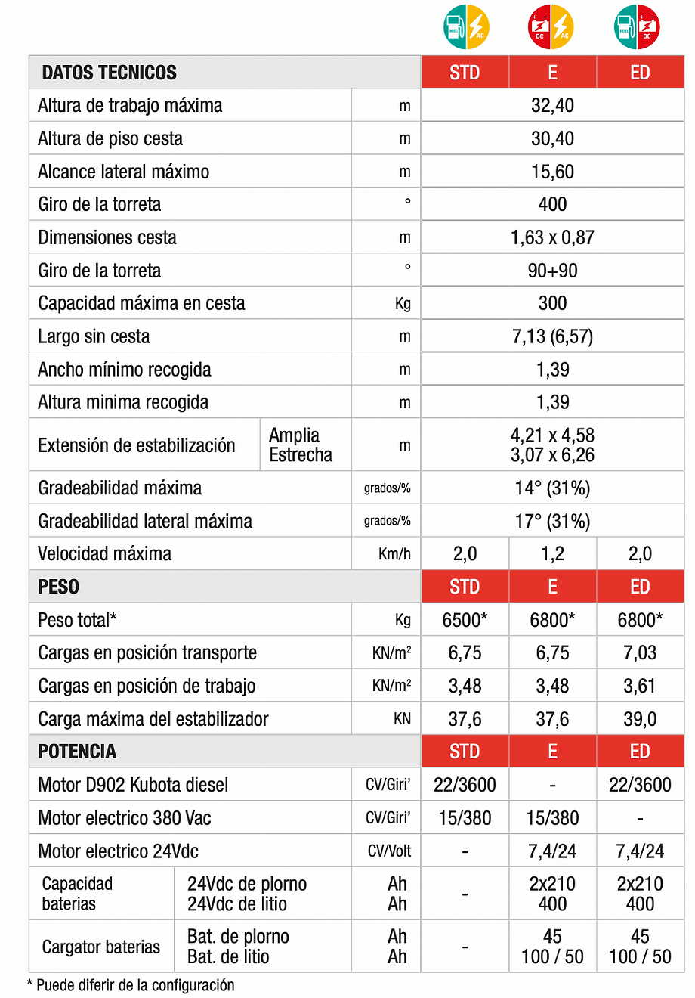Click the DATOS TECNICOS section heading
point(109,73)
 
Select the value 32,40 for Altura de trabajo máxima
point(552,106)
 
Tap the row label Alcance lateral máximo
point(123,172)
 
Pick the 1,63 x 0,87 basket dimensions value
point(552,237)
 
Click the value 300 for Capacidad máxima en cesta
point(552,303)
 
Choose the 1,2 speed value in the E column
point(552,553)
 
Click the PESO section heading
point(59,587)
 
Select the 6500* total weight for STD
point(465,620)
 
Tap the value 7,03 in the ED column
point(640,652)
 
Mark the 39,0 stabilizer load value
point(640,719)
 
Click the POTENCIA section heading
point(77,752)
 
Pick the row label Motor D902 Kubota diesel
point(133,785)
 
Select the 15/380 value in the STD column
point(465,818)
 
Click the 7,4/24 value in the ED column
point(640,851)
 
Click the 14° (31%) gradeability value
point(552,488)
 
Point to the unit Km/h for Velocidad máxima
point(394,554)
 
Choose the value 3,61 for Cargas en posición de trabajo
point(640,686)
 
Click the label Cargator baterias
point(101,947)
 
